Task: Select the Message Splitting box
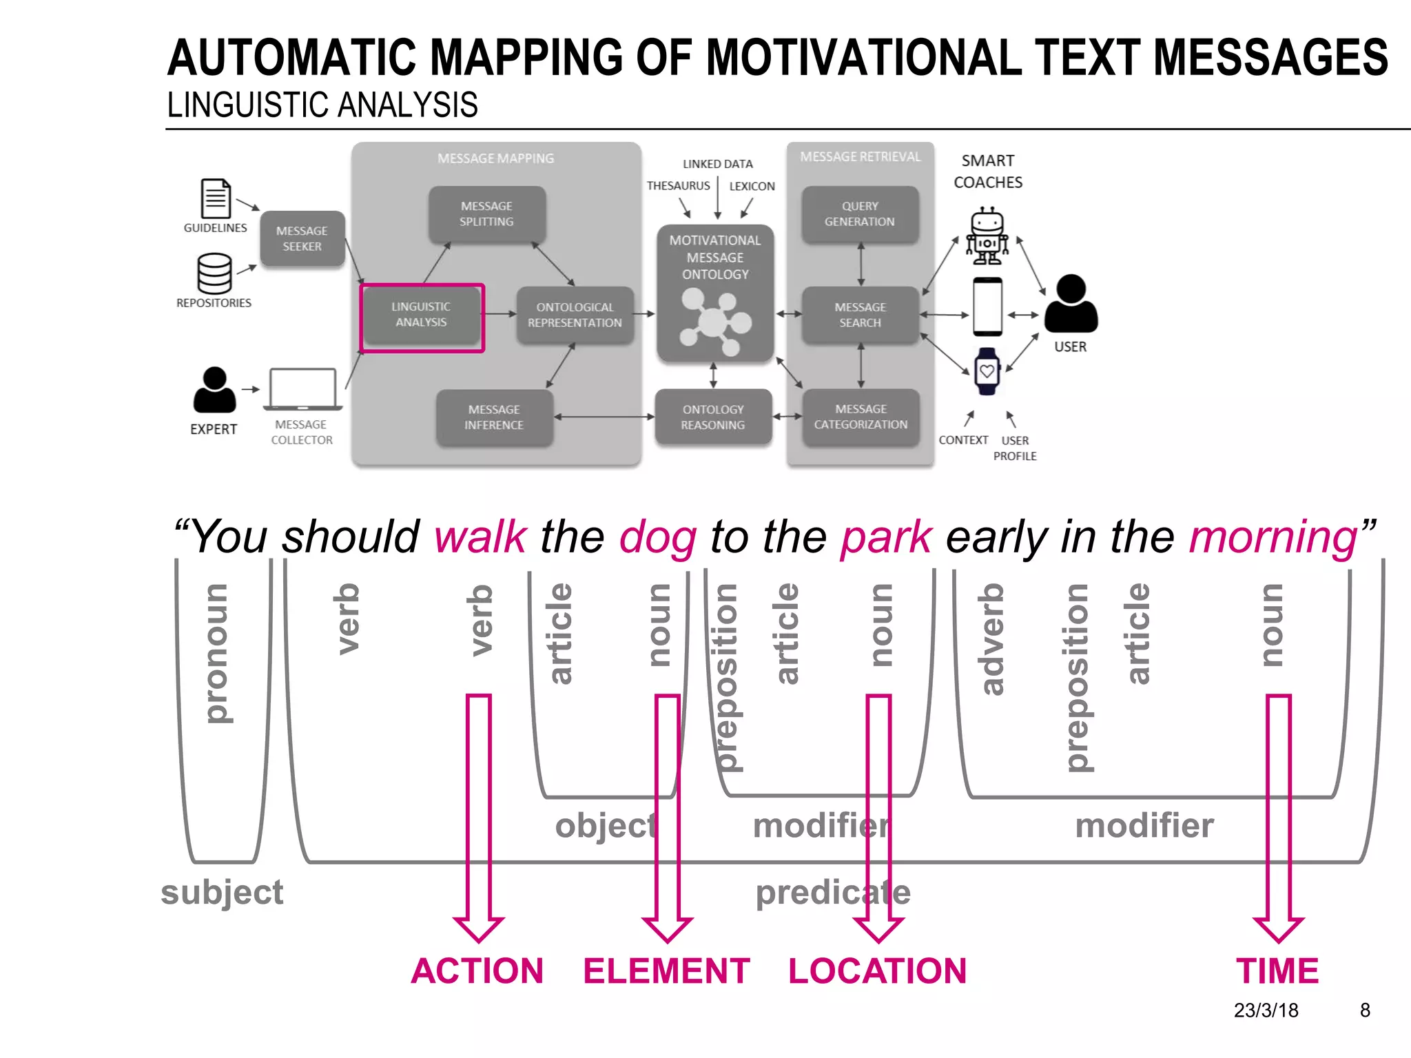click(486, 214)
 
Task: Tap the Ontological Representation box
click(575, 315)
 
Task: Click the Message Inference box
click(494, 417)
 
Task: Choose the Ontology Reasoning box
click(713, 417)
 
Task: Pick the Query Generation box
click(860, 214)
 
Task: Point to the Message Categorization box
click(861, 417)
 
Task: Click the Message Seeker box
click(302, 239)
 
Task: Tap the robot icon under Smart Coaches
click(987, 236)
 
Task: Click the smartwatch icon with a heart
click(987, 371)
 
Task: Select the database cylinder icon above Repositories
click(214, 273)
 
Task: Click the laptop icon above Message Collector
click(302, 389)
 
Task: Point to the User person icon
click(1071, 304)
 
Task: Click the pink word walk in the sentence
click(480, 537)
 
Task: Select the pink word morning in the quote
click(1273, 537)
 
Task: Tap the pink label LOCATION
click(877, 971)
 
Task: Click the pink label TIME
click(1277, 971)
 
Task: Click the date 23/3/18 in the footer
click(1266, 1010)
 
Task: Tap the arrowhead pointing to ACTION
click(479, 929)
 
